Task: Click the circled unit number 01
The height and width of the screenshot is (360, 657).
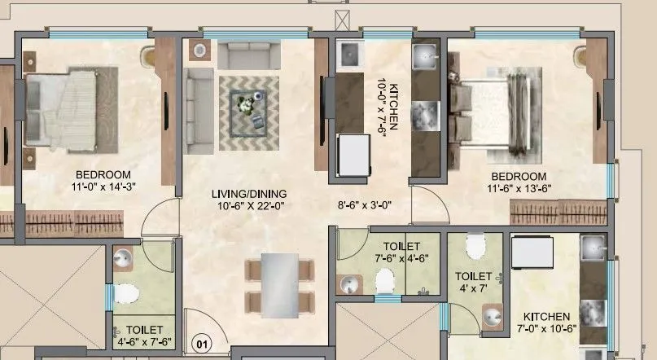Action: [200, 344]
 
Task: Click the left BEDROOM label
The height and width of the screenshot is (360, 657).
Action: [103, 175]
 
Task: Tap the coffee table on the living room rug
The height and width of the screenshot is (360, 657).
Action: [247, 108]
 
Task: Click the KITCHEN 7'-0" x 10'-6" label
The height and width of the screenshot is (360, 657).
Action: [546, 323]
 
